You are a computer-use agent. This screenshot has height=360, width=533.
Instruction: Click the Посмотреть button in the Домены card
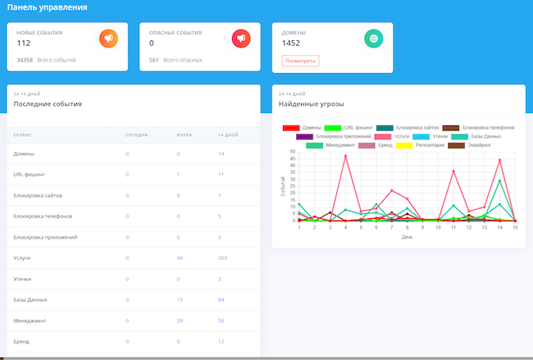tap(299, 61)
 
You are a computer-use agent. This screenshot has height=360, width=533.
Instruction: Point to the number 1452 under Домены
tap(291, 43)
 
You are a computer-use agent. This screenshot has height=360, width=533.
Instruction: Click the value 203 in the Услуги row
tap(223, 258)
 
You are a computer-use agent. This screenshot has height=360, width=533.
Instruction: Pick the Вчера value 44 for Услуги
tap(179, 258)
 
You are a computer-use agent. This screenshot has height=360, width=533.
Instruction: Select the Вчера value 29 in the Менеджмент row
tap(179, 321)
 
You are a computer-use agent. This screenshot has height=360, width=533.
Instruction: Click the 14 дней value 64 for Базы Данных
tap(221, 300)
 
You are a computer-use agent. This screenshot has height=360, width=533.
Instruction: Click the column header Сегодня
tap(136, 134)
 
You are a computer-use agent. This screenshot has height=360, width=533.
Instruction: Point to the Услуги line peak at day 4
tap(345, 156)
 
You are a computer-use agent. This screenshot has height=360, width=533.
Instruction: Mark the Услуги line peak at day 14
tap(499, 159)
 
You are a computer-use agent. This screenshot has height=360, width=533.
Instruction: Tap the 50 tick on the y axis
tap(293, 152)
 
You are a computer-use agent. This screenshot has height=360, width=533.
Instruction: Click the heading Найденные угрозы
tap(311, 105)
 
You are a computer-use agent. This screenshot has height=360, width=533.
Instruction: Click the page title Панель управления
tap(48, 7)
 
